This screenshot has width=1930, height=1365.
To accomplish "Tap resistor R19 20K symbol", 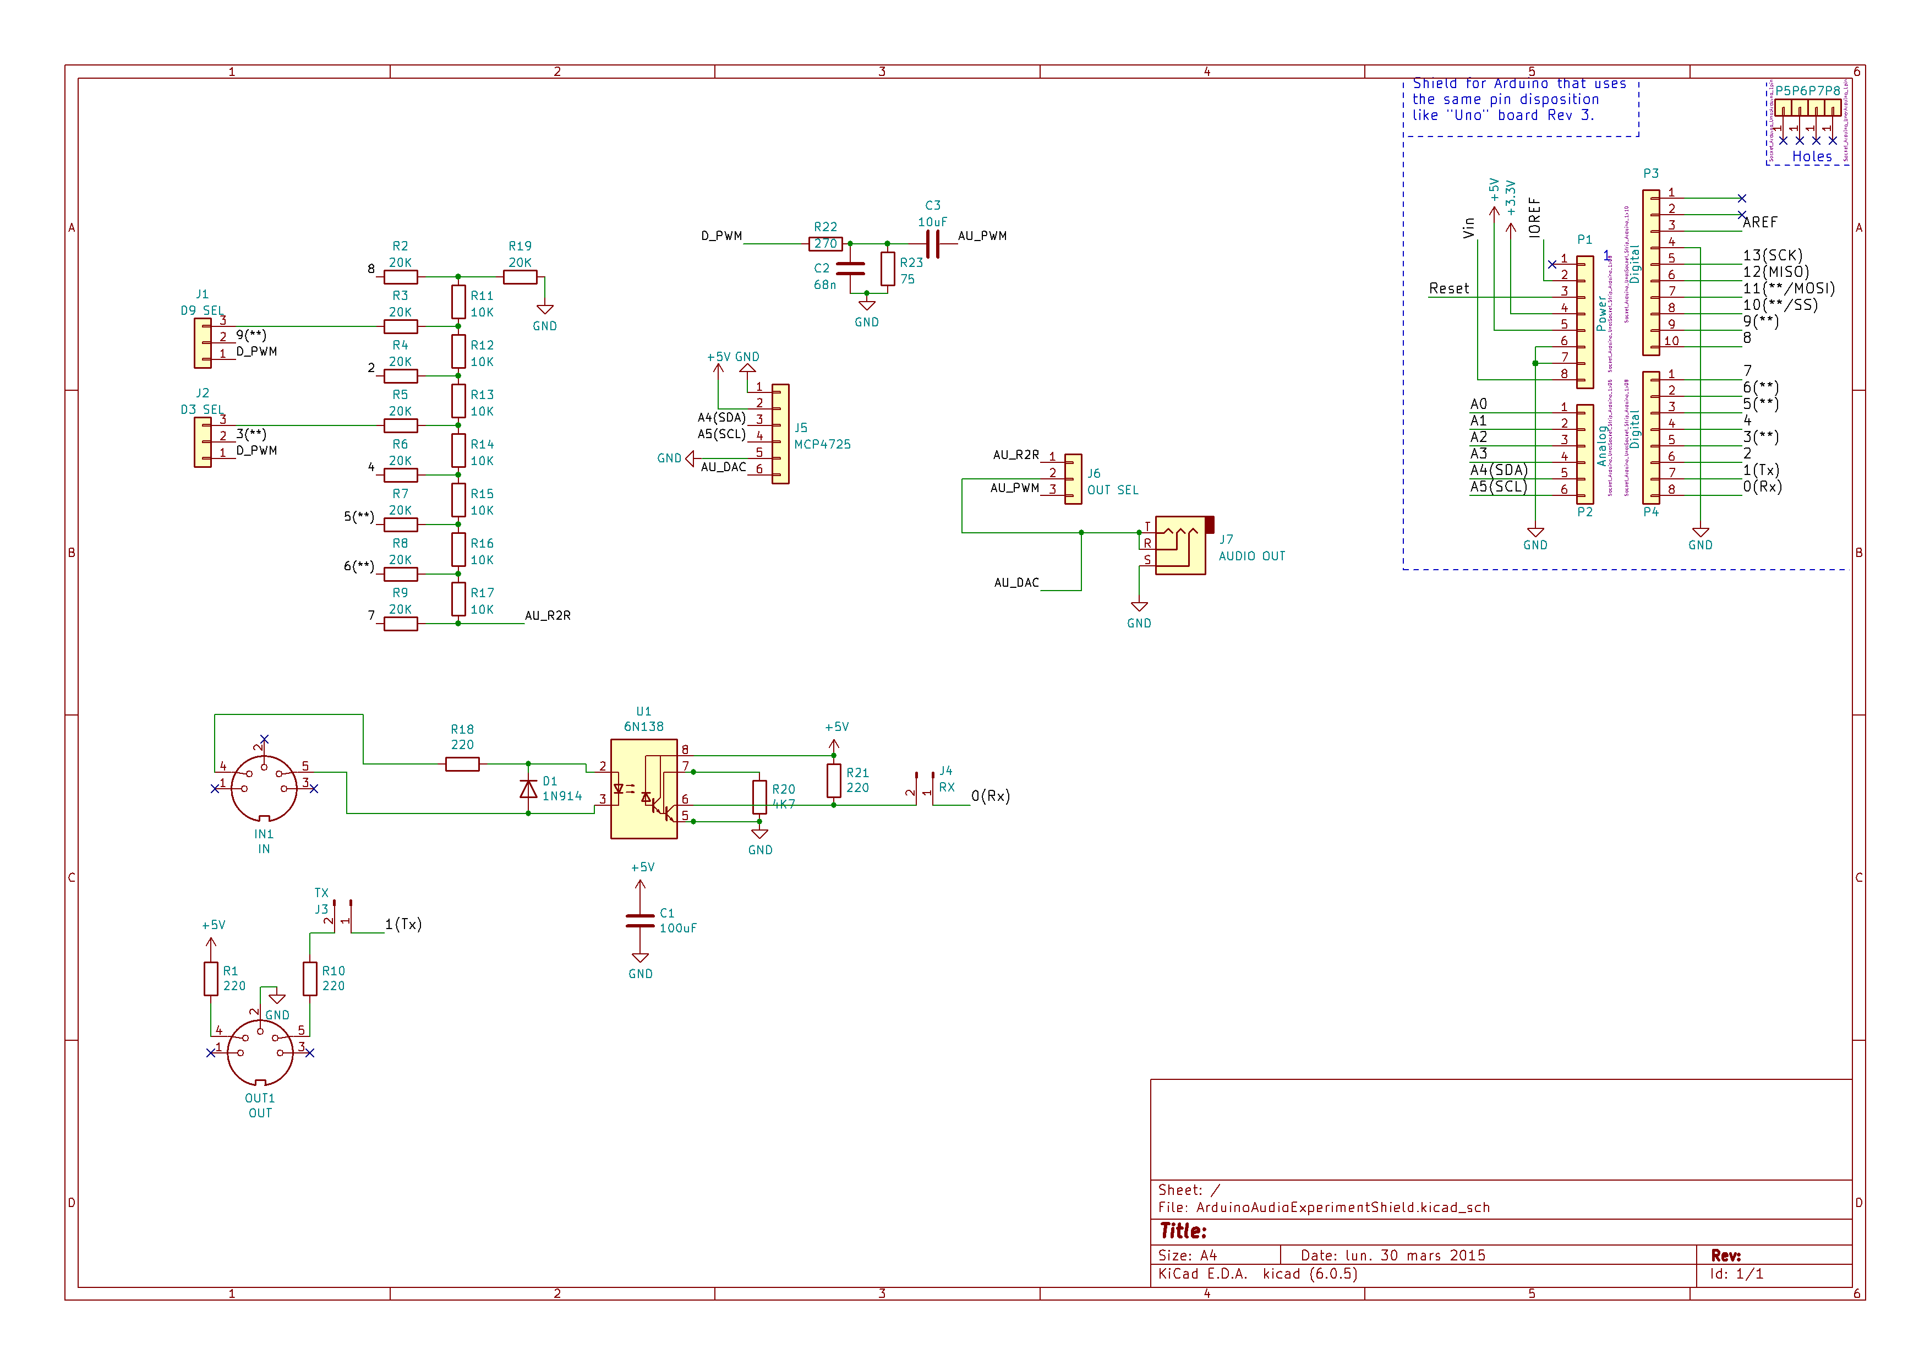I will (520, 276).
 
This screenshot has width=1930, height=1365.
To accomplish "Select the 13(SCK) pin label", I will (1772, 255).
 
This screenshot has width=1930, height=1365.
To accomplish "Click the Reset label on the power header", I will (1448, 288).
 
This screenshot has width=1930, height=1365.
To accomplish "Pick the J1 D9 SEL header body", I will (203, 343).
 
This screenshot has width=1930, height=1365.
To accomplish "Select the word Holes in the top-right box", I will (1812, 156).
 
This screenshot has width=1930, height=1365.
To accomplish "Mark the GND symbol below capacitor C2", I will (867, 306).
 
